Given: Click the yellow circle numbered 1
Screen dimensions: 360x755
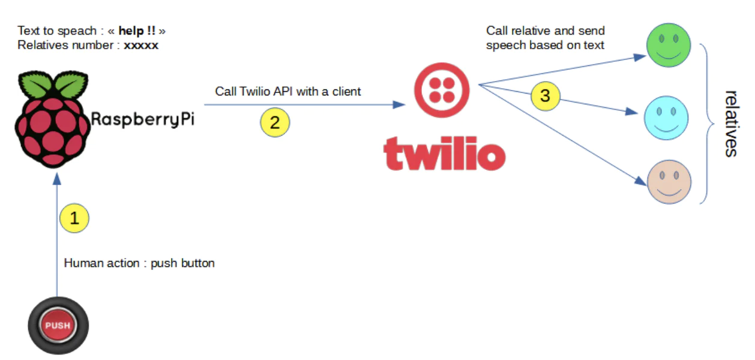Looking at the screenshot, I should tap(74, 219).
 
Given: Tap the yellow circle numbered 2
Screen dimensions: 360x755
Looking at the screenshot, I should tap(274, 122).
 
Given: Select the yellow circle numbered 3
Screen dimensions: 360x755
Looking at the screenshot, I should tap(545, 96).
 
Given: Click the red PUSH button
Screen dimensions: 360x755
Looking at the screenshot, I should tap(58, 326).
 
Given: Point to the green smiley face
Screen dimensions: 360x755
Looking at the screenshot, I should tap(669, 45).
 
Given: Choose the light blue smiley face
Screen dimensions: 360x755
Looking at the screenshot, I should tap(666, 118).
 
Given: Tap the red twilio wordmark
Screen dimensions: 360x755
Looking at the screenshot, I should tap(444, 153).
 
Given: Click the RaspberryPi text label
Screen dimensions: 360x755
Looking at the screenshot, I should tap(143, 120).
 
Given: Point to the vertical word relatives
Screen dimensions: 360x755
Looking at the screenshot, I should tap(730, 123).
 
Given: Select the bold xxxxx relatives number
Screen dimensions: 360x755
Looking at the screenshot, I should tap(141, 45).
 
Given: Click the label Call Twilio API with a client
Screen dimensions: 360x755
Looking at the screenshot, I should tap(288, 92).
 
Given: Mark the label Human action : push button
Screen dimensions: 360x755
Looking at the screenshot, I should tap(139, 263).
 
